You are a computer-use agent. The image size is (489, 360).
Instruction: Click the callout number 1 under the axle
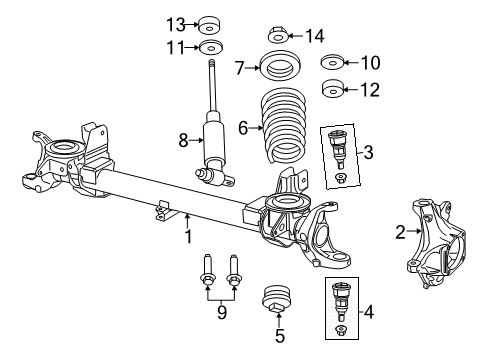tap(187, 237)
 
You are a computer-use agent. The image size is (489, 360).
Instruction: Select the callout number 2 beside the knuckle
tap(399, 233)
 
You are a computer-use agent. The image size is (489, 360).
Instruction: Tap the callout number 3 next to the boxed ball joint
tap(370, 152)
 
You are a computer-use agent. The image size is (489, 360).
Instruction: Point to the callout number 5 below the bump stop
tap(279, 336)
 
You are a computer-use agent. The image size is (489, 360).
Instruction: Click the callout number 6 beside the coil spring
tap(241, 127)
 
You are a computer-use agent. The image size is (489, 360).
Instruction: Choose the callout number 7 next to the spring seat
tap(239, 69)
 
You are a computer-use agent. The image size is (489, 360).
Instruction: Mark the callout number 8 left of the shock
tap(183, 141)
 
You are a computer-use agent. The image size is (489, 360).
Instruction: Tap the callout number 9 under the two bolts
tap(222, 313)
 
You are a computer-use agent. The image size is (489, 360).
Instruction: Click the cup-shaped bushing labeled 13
tap(211, 24)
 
